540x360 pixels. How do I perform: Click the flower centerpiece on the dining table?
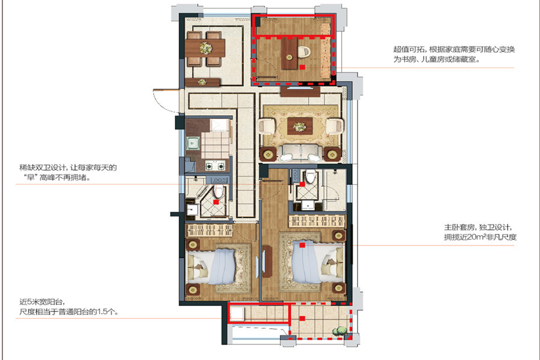pos(206,48)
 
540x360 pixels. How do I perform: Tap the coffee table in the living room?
pos(300,126)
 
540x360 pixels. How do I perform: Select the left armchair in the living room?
pos(266,127)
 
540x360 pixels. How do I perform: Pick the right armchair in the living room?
pos(334,127)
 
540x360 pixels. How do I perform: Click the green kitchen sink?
pos(193,143)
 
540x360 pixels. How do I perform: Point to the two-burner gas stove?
pos(215,166)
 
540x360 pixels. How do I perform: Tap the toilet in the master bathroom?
pos(311,176)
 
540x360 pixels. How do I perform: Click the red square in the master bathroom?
pos(302,184)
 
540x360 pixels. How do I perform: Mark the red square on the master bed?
pos(302,245)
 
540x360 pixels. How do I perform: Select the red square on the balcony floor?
pos(302,319)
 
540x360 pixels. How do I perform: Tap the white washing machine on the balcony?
pos(237,314)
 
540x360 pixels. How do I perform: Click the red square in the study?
pos(302,67)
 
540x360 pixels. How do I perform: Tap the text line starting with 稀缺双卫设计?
pos(68,168)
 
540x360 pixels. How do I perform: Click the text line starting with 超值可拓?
pos(454,50)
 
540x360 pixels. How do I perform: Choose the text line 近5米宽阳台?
pos(41,302)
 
